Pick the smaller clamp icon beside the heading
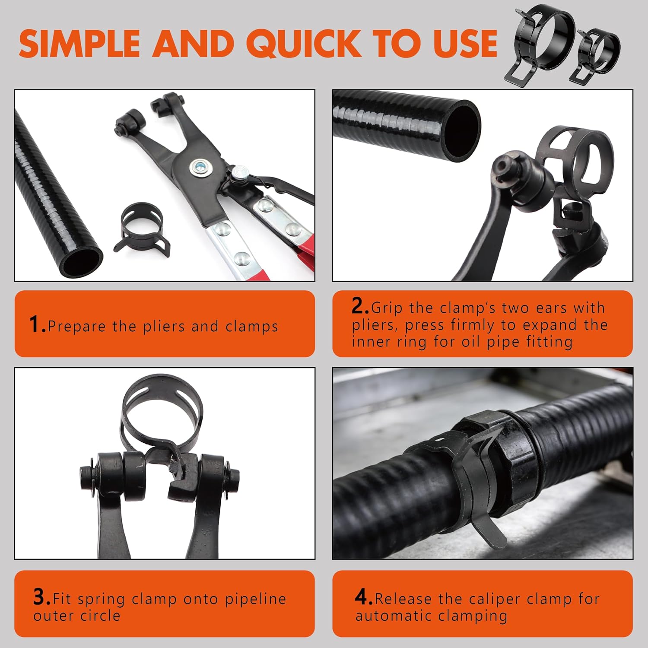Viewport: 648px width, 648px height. (x=598, y=54)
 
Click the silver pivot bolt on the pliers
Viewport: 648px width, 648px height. (x=200, y=164)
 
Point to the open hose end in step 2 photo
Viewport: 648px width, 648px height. (x=462, y=130)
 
